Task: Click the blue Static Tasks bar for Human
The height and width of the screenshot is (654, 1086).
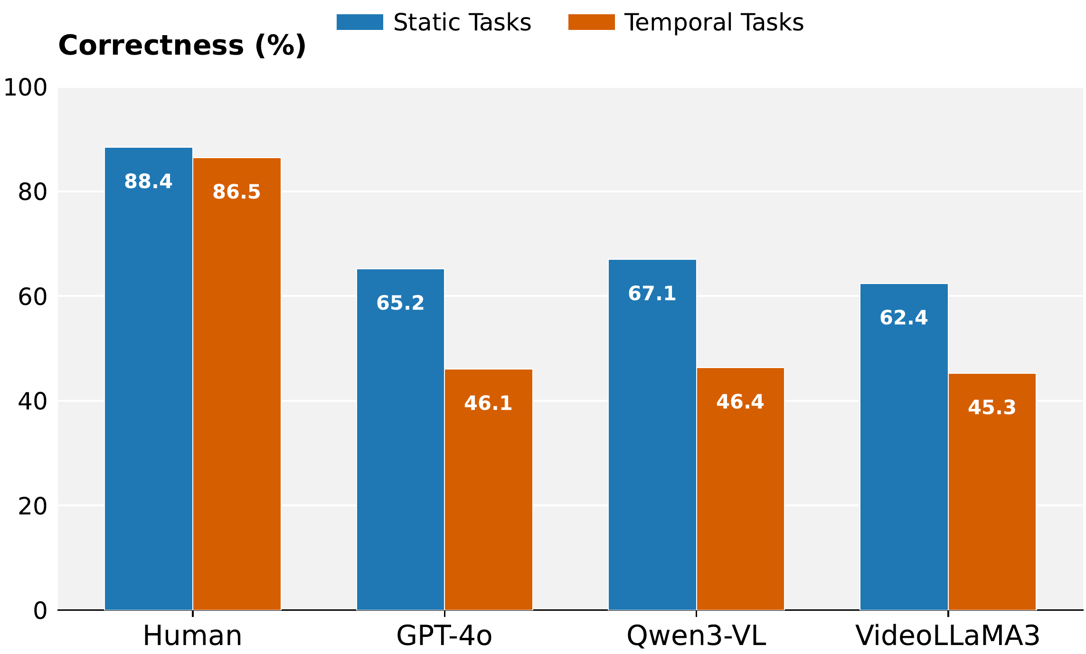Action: point(148,380)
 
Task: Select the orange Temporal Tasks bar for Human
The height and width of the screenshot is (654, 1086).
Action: point(236,385)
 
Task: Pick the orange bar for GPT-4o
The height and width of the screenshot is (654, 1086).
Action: point(488,489)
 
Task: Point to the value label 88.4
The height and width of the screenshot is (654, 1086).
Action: point(148,182)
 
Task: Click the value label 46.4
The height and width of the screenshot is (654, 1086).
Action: point(740,402)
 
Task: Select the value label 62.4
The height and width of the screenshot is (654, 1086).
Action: point(904,318)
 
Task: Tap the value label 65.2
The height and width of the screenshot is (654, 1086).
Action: point(400,303)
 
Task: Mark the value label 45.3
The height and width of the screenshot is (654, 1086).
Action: point(992,408)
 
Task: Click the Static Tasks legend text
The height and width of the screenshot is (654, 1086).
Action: point(462,22)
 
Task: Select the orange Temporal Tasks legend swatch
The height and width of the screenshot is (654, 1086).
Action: point(591,22)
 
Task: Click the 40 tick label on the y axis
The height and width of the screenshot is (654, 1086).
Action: point(32,401)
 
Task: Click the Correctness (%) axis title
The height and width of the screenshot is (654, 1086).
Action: point(182,46)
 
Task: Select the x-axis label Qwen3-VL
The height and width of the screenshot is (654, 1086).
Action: point(696,635)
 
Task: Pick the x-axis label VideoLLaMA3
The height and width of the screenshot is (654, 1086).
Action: point(947,635)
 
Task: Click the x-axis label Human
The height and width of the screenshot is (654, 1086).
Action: point(192,635)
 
